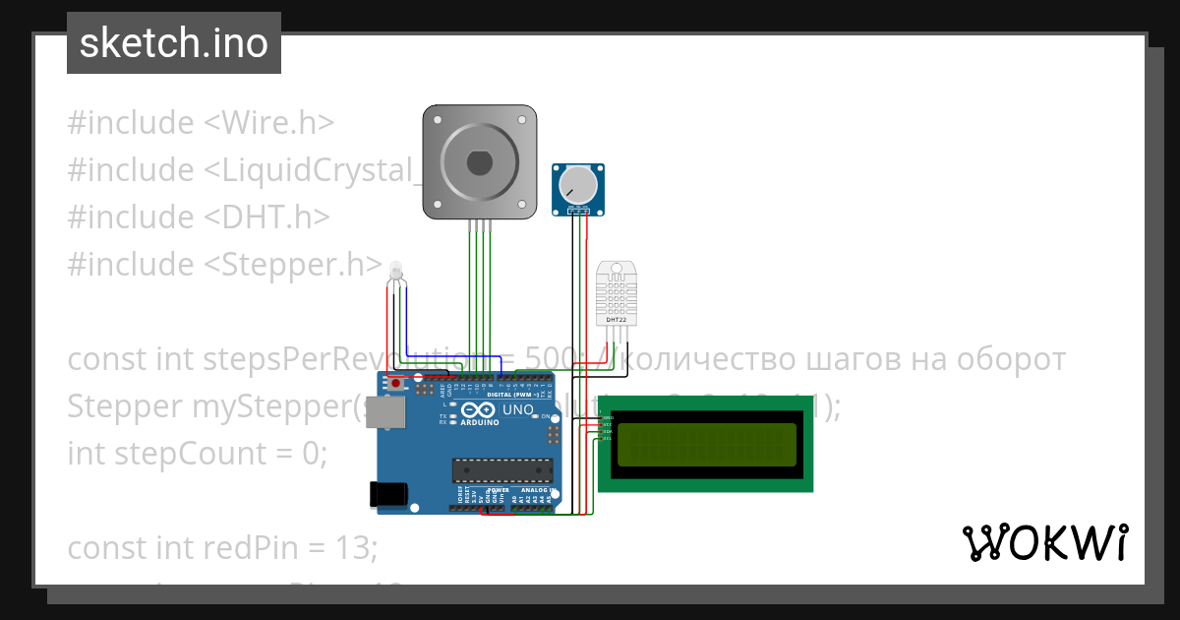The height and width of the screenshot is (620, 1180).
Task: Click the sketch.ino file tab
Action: [x=174, y=43]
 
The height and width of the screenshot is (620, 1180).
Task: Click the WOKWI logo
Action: [x=1043, y=543]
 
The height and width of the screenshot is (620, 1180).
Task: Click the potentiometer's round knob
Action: [x=577, y=185]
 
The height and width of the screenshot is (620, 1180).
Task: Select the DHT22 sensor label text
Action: [x=617, y=319]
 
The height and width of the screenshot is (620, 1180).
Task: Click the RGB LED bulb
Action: [x=396, y=271]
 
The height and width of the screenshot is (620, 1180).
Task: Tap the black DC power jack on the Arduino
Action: [x=385, y=494]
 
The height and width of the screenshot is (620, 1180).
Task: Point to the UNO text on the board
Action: [x=518, y=409]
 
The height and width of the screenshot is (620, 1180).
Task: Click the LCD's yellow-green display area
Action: [x=706, y=445]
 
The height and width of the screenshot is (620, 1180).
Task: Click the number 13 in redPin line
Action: [x=355, y=548]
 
